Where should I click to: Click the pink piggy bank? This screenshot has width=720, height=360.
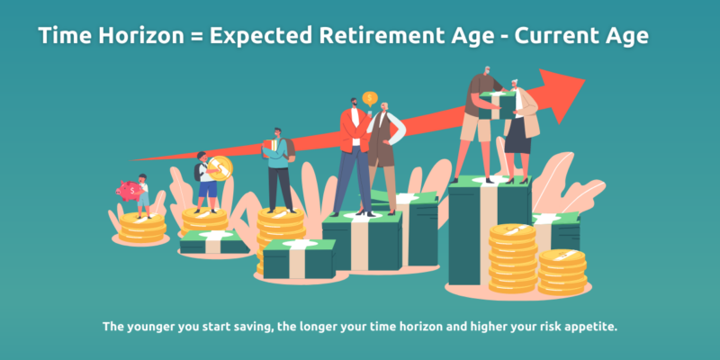[128, 191]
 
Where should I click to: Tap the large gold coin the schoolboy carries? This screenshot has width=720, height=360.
[220, 168]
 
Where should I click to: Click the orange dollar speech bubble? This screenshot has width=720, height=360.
[370, 99]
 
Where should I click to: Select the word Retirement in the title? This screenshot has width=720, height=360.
[379, 35]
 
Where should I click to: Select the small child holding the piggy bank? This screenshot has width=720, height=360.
[143, 196]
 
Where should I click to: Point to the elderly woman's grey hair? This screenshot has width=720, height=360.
[514, 84]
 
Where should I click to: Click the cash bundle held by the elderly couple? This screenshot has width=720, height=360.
[498, 105]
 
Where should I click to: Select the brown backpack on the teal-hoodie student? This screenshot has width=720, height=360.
[289, 149]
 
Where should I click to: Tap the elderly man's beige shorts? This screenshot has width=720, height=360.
[476, 127]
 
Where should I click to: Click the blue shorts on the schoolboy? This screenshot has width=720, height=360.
[208, 188]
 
